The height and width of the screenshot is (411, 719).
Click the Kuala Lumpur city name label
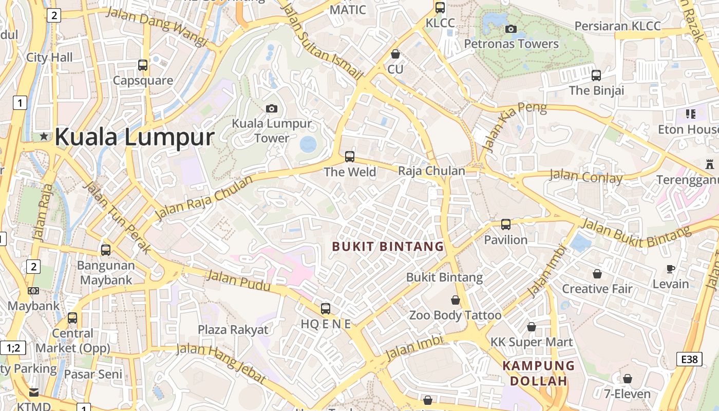point(135,137)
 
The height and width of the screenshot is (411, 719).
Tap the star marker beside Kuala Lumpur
point(44,136)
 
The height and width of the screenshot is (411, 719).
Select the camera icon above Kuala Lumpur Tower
point(272,108)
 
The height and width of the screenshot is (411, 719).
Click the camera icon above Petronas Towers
point(510,29)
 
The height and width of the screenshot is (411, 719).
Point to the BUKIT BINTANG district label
point(388,247)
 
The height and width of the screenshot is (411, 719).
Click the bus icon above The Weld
point(350,156)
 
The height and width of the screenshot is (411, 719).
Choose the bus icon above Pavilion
point(506,225)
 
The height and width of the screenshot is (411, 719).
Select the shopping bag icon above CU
point(395,54)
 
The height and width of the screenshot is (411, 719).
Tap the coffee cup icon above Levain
point(671,269)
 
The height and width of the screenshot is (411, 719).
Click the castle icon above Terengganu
point(710,165)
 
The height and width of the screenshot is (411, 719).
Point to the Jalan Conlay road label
point(586,177)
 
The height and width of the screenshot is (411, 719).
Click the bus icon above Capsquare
point(143,65)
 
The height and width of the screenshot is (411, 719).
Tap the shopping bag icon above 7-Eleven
point(627,379)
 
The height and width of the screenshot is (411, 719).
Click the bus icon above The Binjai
point(596,76)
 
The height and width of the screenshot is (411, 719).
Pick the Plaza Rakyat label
point(233,330)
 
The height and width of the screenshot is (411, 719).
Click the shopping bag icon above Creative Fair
point(597,274)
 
